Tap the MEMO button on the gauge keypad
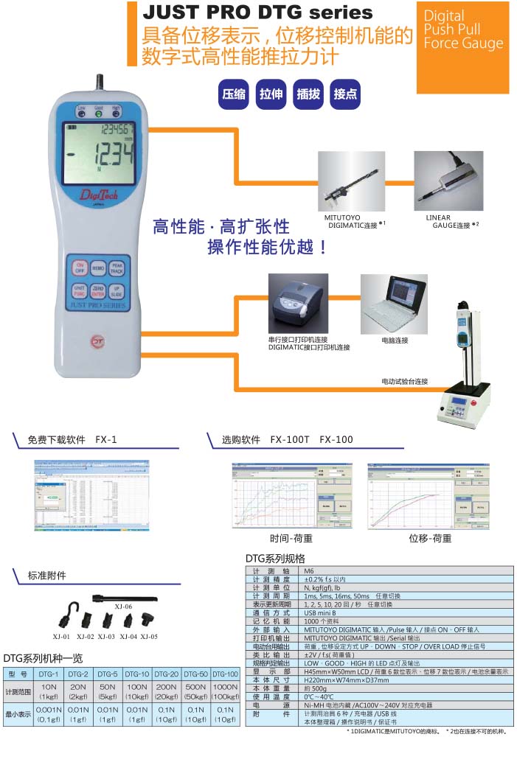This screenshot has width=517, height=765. click(98, 270)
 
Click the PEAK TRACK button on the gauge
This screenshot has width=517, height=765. click(117, 270)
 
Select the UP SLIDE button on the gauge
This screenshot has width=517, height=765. click(117, 292)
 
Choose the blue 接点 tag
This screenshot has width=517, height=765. click(345, 94)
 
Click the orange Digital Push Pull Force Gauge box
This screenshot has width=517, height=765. click(462, 36)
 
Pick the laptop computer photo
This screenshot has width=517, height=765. click(394, 304)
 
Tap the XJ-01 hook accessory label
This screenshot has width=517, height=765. click(62, 635)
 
